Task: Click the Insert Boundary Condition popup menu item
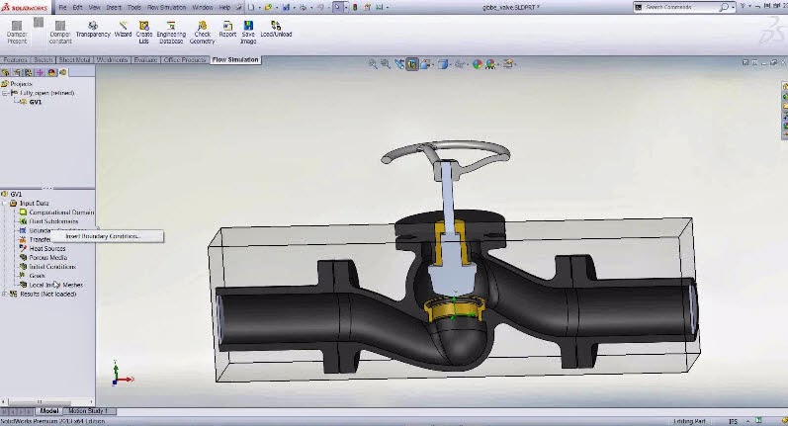(103, 236)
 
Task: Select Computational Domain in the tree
(61, 213)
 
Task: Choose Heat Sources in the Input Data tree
(47, 248)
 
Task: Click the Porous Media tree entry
(47, 257)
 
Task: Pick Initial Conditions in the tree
(51, 267)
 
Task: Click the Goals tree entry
(38, 276)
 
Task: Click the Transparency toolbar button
(93, 29)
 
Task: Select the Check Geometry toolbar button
(202, 29)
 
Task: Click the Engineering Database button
(171, 29)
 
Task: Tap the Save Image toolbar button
(248, 29)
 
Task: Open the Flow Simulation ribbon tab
(235, 60)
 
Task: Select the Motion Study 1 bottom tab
(91, 411)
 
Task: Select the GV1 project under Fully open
(36, 101)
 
